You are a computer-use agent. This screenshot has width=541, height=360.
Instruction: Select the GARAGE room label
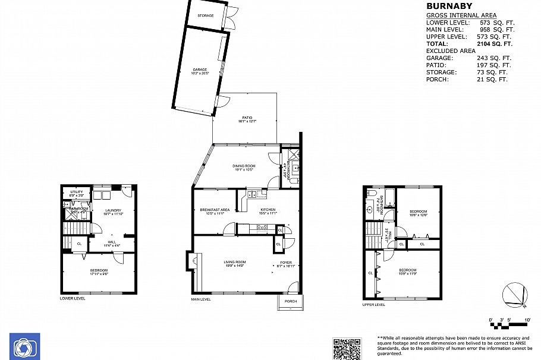point(200,70)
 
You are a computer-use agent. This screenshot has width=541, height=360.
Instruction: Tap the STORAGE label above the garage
point(206,15)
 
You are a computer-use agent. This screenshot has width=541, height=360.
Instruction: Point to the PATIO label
point(247,118)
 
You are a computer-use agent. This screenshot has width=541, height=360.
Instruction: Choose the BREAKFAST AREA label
point(215,210)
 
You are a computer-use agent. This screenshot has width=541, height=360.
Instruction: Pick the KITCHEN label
point(268,210)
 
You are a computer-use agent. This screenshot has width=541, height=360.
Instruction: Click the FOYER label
point(286,262)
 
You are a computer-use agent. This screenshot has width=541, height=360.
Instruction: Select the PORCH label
point(291,301)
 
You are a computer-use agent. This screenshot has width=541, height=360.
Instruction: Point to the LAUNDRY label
point(113,210)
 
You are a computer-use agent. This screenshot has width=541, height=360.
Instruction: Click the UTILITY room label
point(77,192)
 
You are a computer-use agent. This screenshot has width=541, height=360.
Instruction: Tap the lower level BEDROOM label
point(99,270)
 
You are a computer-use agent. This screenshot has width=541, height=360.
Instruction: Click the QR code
point(347,348)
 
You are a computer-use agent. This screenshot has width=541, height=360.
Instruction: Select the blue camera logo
point(24,346)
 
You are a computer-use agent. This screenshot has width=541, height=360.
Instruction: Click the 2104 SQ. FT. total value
point(495,44)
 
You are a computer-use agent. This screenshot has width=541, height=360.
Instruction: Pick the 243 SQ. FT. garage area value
point(494,58)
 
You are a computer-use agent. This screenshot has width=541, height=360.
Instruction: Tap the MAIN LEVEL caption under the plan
point(201,299)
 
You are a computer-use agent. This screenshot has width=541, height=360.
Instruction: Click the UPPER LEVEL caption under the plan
point(373,305)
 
